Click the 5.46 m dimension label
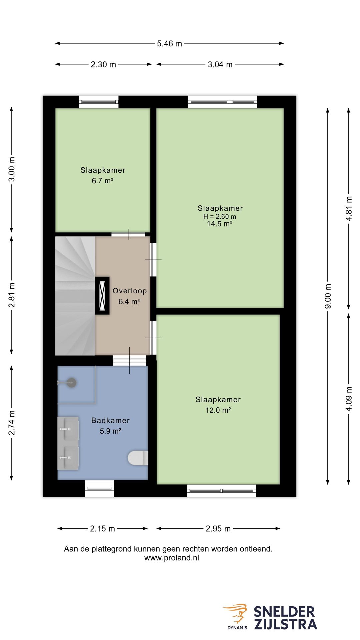point(169,44)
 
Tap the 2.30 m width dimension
point(103,64)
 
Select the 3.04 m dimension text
point(220,64)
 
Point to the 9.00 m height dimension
point(328,296)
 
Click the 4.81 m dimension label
point(349,208)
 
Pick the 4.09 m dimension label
point(349,399)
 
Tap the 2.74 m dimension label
point(12,423)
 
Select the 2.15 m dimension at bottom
point(102,528)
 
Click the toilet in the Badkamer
point(138,458)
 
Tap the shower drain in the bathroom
point(71,382)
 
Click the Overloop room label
point(130,291)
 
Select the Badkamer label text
point(110,420)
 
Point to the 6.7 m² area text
point(103,181)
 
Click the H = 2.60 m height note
point(220,216)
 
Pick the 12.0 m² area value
point(218,410)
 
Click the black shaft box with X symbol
point(102,295)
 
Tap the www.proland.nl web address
point(172,558)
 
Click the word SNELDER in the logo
point(284,612)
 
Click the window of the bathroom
point(99,489)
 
